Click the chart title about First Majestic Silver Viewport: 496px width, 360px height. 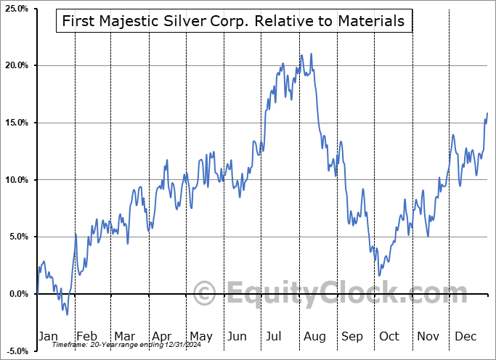click(x=233, y=21)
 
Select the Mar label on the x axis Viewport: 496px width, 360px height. click(x=125, y=336)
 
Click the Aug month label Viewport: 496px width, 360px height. click(x=315, y=336)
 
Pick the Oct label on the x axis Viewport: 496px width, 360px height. click(x=390, y=336)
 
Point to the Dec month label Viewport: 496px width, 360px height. click(x=466, y=336)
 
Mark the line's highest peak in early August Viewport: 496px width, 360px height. click(x=311, y=54)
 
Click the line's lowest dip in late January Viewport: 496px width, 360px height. click(x=67, y=314)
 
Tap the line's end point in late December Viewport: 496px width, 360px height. click(x=487, y=113)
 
